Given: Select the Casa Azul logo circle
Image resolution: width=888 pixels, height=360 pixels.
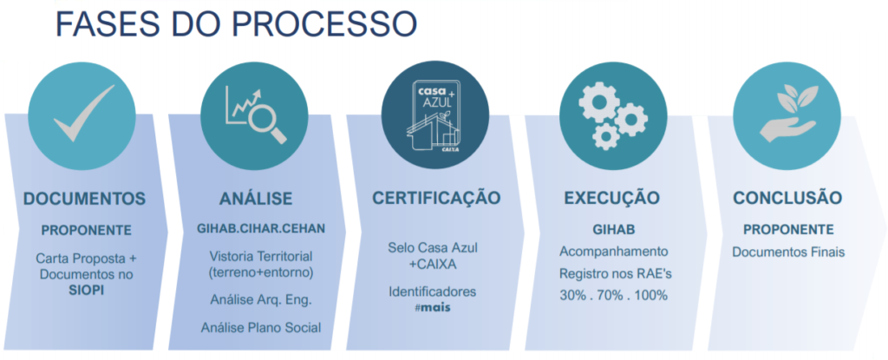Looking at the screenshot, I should click(x=434, y=114).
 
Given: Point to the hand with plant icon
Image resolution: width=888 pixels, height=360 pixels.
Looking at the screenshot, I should click(x=787, y=114).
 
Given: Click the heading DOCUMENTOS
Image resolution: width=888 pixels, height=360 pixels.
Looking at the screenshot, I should click(x=84, y=199).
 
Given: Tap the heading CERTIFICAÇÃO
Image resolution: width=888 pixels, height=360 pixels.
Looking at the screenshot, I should click(x=436, y=198).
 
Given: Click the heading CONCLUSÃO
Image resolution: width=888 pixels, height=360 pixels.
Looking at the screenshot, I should click(x=787, y=198).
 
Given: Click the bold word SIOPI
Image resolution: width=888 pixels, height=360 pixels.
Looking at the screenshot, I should click(x=87, y=290).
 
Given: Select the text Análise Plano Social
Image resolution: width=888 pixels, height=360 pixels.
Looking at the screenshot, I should click(x=260, y=327).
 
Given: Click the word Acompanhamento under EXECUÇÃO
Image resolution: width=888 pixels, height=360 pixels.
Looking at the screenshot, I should click(x=612, y=252).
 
